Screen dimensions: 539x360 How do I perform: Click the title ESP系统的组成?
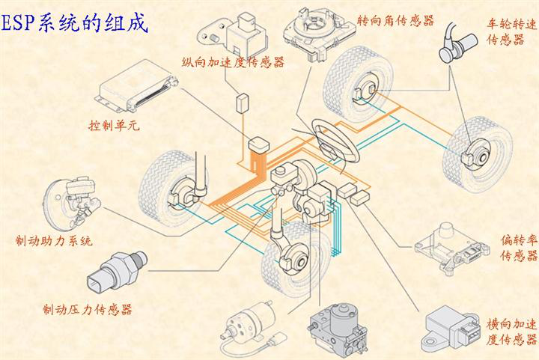click(75, 23)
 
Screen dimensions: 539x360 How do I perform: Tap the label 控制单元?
click(114, 125)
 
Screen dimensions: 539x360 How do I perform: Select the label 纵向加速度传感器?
click(234, 62)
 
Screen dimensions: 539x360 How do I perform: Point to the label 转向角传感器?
click(395, 21)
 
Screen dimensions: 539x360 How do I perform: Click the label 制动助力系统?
click(54, 240)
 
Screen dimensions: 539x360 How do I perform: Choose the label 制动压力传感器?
click(88, 310)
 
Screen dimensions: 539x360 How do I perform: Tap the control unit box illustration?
click(136, 86)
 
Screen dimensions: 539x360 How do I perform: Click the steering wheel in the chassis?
click(335, 141)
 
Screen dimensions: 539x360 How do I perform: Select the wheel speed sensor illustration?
click(458, 43)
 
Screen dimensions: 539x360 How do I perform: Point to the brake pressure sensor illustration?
click(117, 272)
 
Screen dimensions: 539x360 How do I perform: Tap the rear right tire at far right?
click(478, 154)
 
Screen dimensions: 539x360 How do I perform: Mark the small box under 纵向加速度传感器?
click(243, 103)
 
